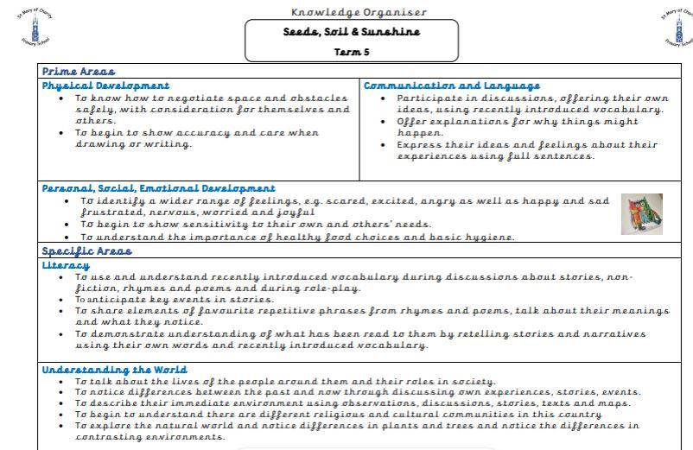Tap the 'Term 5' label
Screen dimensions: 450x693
350,52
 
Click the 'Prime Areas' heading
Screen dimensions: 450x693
79,72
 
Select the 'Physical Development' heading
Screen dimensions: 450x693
105,86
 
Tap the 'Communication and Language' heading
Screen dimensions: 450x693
452,86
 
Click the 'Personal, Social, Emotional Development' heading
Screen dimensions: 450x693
159,187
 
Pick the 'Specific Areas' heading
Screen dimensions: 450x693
87,251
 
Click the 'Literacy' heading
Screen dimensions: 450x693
66,265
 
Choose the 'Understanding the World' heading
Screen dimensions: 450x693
114,370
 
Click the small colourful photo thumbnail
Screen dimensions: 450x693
642,214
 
